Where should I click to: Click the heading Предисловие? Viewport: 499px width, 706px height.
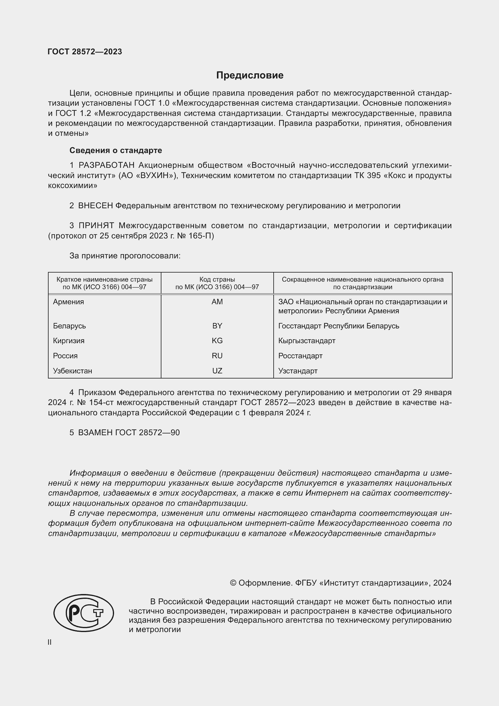point(249,75)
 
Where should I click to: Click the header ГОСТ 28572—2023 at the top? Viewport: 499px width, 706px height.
point(85,52)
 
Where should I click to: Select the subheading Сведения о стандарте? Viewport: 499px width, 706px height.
point(116,150)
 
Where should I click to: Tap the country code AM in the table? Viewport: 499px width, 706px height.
point(217,302)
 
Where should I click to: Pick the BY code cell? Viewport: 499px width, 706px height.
point(217,326)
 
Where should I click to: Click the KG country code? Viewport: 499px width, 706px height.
point(217,341)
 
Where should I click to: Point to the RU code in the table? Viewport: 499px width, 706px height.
point(217,356)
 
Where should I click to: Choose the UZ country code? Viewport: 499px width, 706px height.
point(217,371)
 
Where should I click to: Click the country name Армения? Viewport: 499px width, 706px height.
point(68,302)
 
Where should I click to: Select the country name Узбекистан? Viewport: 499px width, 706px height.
point(72,371)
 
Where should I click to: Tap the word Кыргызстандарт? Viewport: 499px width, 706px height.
point(307,341)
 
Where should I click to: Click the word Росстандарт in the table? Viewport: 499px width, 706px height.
point(300,356)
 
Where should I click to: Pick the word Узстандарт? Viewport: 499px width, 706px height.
point(298,371)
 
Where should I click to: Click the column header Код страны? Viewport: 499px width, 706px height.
point(217,280)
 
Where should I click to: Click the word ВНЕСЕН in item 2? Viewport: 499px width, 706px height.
point(96,206)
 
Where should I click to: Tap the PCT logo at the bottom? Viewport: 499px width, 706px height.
point(84,613)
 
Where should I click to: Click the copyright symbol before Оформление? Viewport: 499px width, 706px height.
point(233,583)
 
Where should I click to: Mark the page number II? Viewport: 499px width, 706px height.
point(49,642)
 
